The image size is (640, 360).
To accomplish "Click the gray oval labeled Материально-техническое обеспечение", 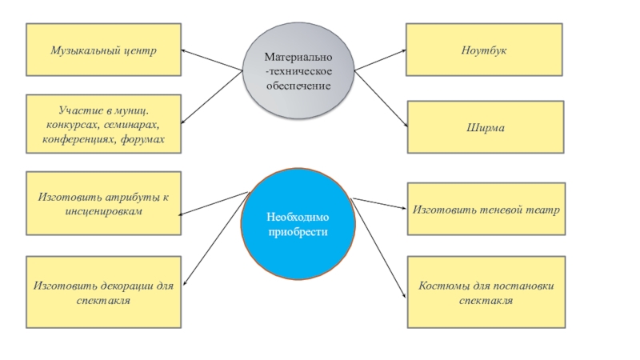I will point(298,70).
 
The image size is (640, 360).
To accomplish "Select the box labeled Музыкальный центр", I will point(103,50).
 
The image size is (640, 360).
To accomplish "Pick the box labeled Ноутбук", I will point(484,50).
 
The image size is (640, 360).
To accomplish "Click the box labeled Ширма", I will point(485,126).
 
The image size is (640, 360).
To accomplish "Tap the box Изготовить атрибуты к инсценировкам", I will point(103,203).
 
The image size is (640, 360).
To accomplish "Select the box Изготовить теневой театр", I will point(486,209).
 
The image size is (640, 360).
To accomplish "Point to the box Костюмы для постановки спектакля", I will point(486,292).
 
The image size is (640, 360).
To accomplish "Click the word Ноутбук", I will point(484,50).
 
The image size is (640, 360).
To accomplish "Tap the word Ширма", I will point(485,126).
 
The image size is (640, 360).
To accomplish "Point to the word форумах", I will point(144,139).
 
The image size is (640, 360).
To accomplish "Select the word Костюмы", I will point(442,285).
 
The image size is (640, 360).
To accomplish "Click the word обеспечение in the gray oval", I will point(298,85).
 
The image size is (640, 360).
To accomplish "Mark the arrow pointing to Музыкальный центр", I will point(213,61).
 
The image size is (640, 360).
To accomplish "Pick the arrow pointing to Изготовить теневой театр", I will point(379,204).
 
